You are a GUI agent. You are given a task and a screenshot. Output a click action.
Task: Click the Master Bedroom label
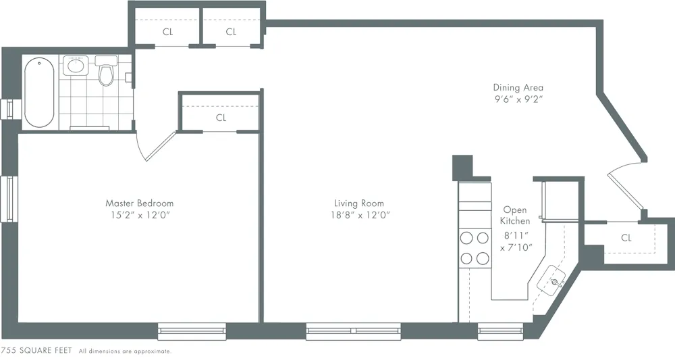(x=139, y=203)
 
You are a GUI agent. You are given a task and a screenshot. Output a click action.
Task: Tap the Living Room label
(x=358, y=203)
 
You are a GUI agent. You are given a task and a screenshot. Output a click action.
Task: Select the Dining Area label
(x=518, y=87)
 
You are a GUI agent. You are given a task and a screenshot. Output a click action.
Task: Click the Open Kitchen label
(x=514, y=216)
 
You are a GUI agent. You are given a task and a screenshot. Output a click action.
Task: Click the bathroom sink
(x=75, y=67)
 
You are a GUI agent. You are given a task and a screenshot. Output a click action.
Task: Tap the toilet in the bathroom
(x=106, y=73)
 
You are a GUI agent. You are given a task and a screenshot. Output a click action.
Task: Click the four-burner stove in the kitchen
(x=475, y=247)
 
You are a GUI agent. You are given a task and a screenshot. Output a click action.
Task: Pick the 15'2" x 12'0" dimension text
(x=139, y=215)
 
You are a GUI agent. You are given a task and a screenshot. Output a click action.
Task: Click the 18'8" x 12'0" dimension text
(x=358, y=215)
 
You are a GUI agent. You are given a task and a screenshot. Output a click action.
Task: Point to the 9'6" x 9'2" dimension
(x=518, y=99)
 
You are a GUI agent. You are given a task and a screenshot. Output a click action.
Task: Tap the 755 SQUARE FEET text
(x=36, y=351)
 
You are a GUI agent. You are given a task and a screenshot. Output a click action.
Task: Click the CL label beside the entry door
(x=626, y=238)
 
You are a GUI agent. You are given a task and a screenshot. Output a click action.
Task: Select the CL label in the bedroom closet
(x=221, y=118)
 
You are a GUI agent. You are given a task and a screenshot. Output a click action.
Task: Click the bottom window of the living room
(x=353, y=331)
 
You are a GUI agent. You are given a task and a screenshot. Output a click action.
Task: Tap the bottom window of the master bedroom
(x=192, y=331)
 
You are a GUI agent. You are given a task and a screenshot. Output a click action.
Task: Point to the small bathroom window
(x=9, y=108)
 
